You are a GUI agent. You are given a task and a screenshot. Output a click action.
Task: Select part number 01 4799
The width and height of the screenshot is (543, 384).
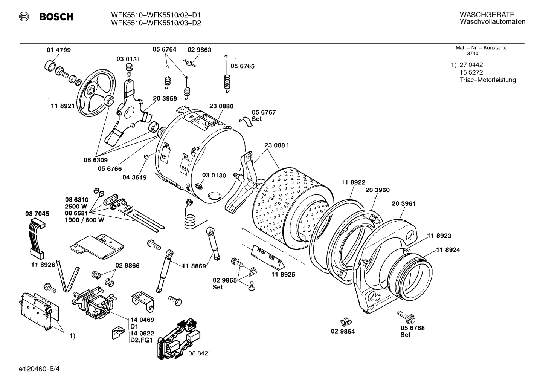pyautogui.click(x=58, y=50)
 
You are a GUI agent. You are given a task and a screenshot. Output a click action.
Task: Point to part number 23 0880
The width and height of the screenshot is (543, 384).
pyautogui.click(x=221, y=106)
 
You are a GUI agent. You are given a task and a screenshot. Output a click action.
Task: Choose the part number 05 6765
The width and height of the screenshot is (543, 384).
pyautogui.click(x=243, y=66)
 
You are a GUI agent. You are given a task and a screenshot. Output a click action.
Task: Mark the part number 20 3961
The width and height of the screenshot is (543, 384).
pyautogui.click(x=403, y=204)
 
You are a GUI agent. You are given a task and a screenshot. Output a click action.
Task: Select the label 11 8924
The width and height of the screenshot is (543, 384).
pyautogui.click(x=448, y=250)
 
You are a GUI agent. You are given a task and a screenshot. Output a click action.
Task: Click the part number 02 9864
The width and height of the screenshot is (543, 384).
pyautogui.click(x=343, y=332)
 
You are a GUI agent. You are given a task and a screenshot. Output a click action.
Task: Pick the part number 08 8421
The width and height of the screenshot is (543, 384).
pyautogui.click(x=200, y=353)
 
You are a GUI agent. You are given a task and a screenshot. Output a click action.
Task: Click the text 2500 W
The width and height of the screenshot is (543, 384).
pyautogui.click(x=76, y=207)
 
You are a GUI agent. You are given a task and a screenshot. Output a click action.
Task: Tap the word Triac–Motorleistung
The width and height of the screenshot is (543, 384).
pyautogui.click(x=488, y=80)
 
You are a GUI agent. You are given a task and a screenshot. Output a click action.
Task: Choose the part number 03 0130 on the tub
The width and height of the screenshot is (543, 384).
pyautogui.click(x=214, y=176)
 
